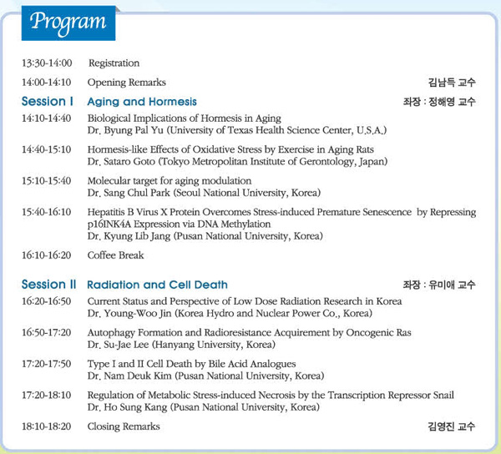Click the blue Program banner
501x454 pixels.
click(x=68, y=23)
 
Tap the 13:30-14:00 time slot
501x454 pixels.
click(x=47, y=63)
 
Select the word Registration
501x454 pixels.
click(x=114, y=63)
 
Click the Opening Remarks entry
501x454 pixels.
click(x=127, y=83)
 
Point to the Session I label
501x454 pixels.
click(x=48, y=101)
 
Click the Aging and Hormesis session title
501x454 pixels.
click(x=142, y=102)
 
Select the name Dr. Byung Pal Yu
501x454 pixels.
click(x=125, y=130)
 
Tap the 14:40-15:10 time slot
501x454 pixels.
click(x=47, y=149)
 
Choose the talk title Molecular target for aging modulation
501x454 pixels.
click(x=170, y=181)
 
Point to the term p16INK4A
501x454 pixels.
click(x=109, y=224)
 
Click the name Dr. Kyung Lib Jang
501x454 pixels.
click(x=129, y=236)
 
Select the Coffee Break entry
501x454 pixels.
click(x=116, y=255)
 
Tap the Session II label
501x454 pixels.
click(x=49, y=284)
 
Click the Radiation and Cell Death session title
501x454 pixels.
click(x=157, y=285)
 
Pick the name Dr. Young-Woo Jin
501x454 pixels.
click(x=129, y=313)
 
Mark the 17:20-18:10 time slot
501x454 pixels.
click(x=47, y=395)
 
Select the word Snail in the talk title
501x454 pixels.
click(x=443, y=395)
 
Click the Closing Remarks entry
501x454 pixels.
click(x=124, y=426)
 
